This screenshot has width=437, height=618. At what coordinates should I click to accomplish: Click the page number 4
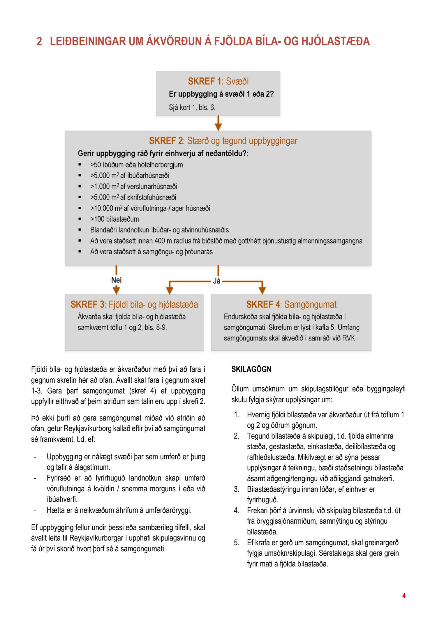point(404,596)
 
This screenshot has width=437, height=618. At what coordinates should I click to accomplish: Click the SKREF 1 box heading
point(218,81)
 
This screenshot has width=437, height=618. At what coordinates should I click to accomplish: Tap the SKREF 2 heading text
point(223,141)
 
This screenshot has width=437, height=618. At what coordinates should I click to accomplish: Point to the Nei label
point(116,280)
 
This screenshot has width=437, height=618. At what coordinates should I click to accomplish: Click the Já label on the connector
point(216,281)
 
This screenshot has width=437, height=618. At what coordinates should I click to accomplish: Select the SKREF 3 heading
point(134,305)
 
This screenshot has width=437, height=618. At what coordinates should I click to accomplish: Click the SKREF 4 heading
point(291,305)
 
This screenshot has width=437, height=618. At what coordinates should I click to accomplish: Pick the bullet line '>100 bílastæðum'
point(114,219)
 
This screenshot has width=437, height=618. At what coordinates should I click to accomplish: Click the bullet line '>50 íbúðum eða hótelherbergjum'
point(136,165)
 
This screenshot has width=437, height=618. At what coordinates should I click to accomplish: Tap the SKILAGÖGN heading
point(251,369)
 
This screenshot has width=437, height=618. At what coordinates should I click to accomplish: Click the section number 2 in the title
point(39,41)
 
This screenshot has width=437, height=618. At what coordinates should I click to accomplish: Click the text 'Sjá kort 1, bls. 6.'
point(192,107)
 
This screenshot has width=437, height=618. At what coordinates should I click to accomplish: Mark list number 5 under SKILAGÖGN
point(237,543)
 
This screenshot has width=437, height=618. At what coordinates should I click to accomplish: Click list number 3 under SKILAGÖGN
point(237,489)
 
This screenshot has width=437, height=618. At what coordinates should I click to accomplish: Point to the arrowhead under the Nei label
point(116,290)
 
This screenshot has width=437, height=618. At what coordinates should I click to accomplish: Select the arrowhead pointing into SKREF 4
point(262,290)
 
